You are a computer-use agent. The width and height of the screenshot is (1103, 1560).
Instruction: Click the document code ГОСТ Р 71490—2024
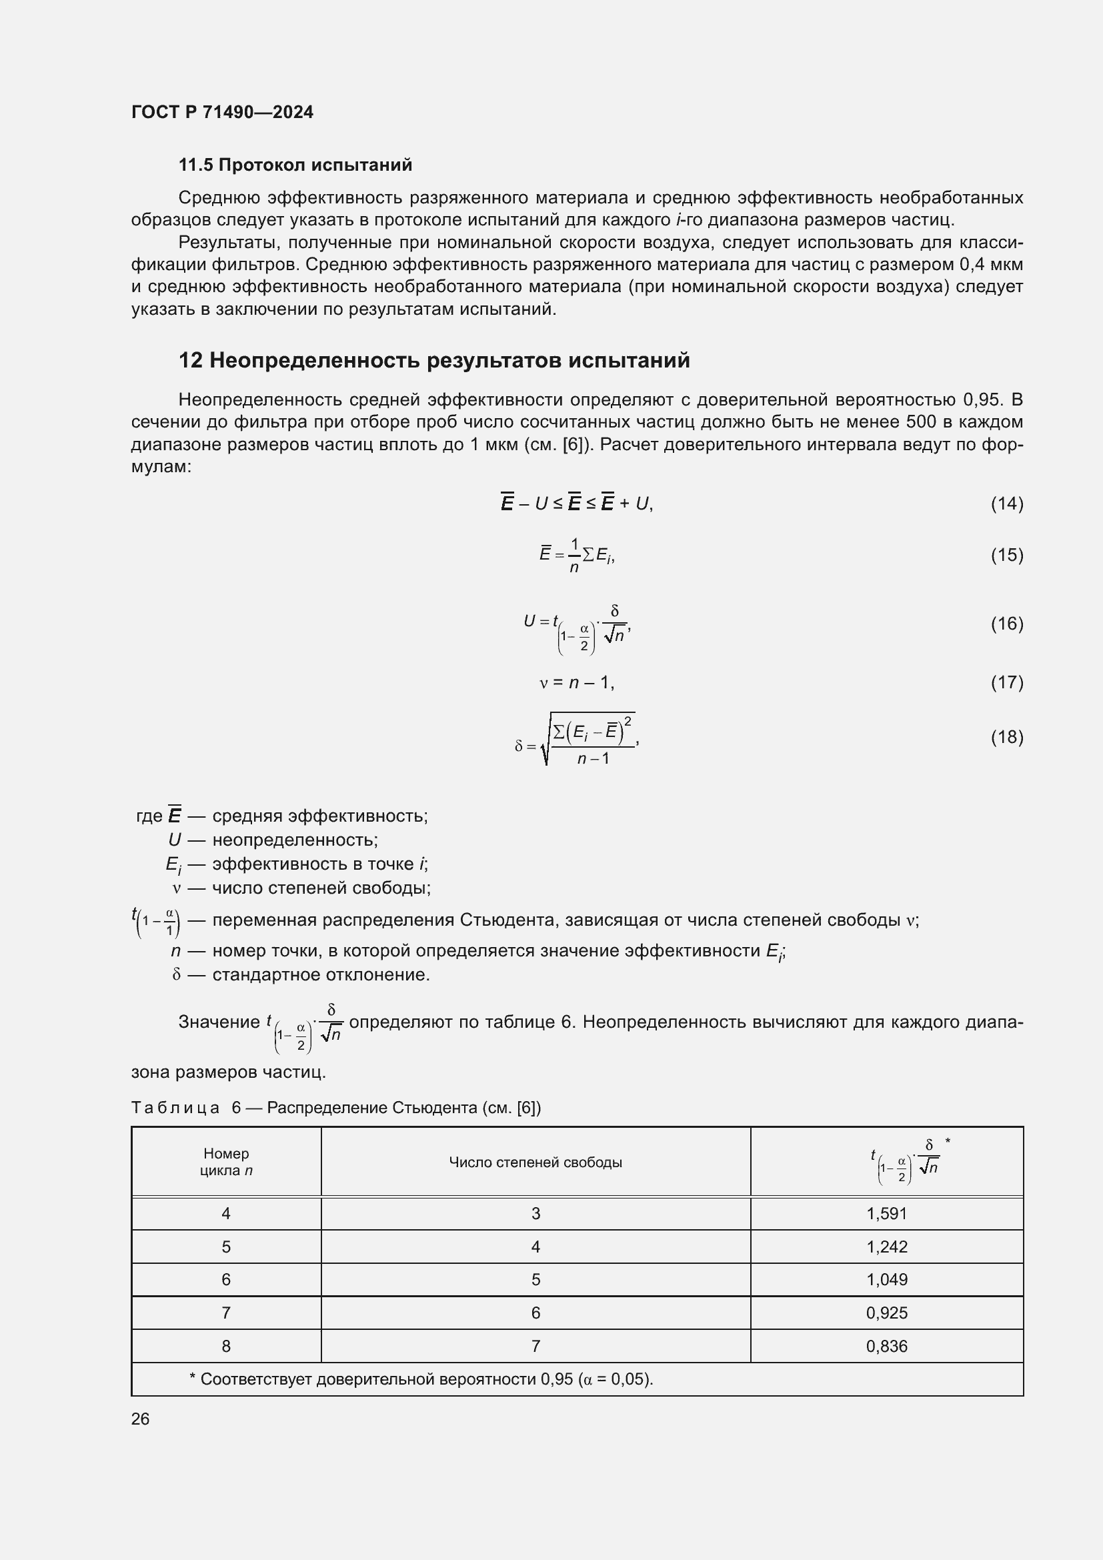[222, 112]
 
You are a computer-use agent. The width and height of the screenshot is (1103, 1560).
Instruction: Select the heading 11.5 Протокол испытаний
[295, 165]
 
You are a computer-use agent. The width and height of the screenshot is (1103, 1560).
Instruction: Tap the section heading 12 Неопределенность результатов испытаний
[434, 360]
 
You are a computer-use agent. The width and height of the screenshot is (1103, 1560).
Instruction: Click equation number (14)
[1006, 504]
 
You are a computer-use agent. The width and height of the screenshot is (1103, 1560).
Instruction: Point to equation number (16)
[1006, 623]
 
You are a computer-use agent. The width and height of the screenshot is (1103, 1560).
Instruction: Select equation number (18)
[1006, 737]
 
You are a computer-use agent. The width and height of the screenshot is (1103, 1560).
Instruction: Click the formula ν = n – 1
[577, 682]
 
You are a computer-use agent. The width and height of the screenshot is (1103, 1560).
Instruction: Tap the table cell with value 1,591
[886, 1213]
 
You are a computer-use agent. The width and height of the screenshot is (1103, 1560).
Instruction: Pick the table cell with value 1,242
[886, 1247]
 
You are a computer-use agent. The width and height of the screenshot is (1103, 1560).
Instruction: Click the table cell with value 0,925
[886, 1313]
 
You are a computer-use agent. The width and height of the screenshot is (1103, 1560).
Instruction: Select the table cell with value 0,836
[886, 1346]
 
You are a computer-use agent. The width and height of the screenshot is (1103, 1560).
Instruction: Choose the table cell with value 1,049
[886, 1279]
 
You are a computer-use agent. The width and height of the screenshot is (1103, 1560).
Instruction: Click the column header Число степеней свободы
[535, 1162]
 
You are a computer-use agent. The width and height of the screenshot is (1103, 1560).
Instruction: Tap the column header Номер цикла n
[226, 1162]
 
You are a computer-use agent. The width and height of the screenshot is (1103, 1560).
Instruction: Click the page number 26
[141, 1419]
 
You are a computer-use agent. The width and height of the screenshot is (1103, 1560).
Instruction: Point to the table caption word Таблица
[175, 1108]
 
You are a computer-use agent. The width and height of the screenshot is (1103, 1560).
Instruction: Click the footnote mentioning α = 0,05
[421, 1379]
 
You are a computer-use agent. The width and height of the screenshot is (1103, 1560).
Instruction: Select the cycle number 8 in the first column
[226, 1346]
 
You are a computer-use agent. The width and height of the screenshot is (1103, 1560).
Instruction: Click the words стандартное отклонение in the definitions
[321, 975]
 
